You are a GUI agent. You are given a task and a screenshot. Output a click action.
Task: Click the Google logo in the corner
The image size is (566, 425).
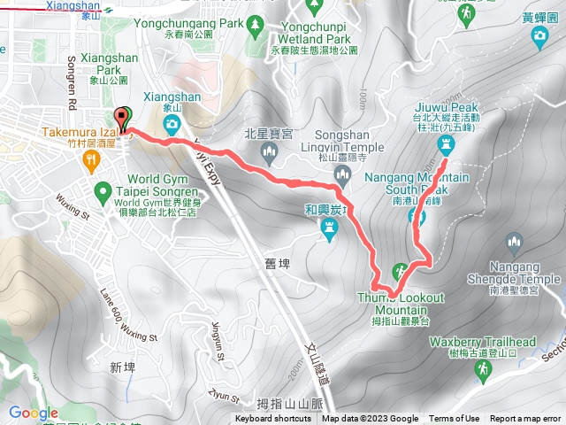tap(33, 413)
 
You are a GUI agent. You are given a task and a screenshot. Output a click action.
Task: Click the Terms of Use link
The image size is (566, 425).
tap(454, 419)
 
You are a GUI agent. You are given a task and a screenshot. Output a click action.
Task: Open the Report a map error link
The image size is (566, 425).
tap(526, 419)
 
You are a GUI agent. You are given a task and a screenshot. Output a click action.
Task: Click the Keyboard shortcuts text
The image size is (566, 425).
tap(274, 419)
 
